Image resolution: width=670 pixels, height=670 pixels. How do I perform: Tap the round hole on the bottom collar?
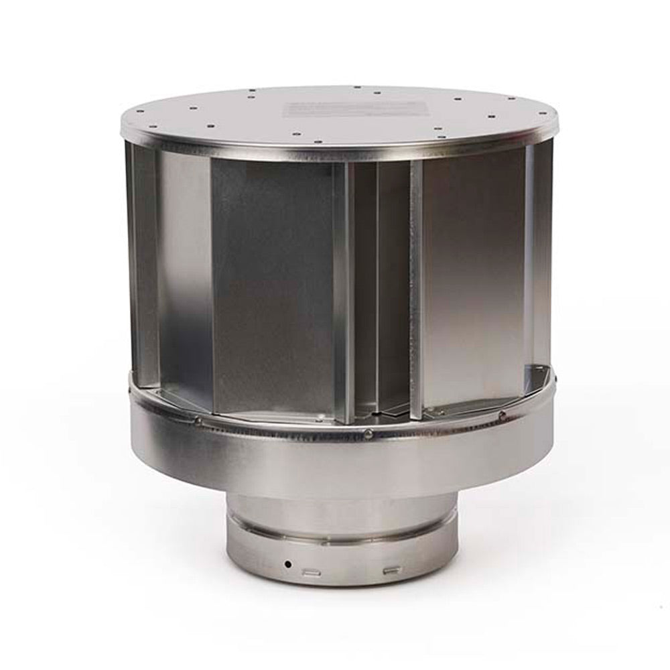point(287,564)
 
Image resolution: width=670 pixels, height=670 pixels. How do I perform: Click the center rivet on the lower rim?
point(368,434)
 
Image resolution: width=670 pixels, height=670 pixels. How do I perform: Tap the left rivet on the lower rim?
point(197,421)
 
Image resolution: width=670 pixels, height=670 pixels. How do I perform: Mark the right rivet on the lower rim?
point(502,416)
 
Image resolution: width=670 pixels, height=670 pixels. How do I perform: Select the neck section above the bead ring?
point(342,513)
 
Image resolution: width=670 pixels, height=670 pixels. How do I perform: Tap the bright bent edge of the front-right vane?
point(416,288)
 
